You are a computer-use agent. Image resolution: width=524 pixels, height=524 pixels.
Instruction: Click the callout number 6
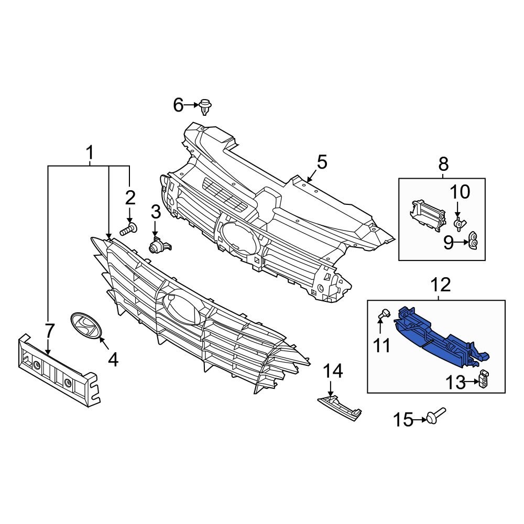178,106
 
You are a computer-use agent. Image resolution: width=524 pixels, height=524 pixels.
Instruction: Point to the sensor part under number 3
158,245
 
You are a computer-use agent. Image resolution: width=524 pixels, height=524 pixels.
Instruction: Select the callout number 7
49,331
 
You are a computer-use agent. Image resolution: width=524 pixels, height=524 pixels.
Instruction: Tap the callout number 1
90,153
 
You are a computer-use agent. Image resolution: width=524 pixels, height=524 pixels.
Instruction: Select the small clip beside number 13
485,379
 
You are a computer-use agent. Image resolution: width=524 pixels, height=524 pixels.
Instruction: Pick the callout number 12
441,285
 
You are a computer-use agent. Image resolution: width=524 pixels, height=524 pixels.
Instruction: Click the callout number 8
443,165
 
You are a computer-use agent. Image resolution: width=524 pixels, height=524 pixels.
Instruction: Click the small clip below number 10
458,224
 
